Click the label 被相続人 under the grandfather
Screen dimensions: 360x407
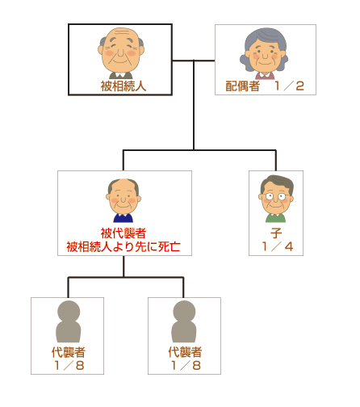tap(123, 86)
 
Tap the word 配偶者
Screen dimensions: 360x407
tap(242, 86)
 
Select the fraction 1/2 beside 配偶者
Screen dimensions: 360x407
tap(290, 86)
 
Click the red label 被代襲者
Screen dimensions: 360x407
tap(123, 233)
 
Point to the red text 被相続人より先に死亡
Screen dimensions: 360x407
tap(123, 246)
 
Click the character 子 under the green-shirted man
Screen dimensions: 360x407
tap(276, 233)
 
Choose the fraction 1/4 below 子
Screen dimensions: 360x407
tap(277, 246)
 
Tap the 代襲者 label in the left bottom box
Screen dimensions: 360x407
tap(69, 352)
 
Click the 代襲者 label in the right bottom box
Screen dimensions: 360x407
tap(185, 352)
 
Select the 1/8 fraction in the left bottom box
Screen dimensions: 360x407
tap(69, 365)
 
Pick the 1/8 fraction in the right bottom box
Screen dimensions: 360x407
tap(186, 365)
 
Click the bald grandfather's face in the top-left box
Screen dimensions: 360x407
tap(121, 50)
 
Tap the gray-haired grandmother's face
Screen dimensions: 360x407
tap(264, 54)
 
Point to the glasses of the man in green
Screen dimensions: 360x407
tap(276, 196)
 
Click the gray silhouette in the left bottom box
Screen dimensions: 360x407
tap(69, 321)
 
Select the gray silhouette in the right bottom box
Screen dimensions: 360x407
tap(184, 321)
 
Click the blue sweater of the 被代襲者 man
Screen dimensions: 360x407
tap(123, 218)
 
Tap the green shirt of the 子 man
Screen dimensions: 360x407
tap(275, 218)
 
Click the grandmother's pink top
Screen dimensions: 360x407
tap(265, 76)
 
